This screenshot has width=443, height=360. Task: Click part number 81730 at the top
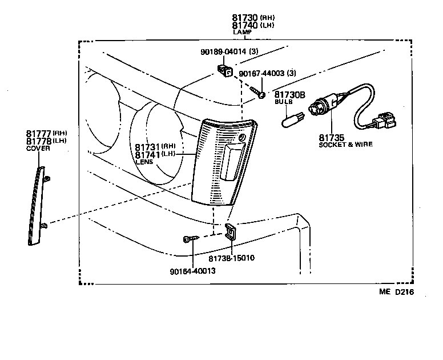point(245,17)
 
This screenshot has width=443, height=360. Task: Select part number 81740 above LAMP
point(245,25)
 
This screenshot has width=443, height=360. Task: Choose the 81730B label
point(290,94)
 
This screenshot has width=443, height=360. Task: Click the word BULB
point(283,102)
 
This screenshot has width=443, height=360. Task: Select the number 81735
point(331,137)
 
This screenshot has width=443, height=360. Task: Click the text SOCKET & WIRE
point(346,145)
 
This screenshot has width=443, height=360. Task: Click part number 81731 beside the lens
point(148,147)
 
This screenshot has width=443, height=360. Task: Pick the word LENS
point(143,162)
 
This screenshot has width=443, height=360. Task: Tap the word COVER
point(38,148)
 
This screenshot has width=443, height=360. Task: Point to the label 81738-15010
point(232,258)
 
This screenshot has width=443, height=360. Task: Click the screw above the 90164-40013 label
point(188,239)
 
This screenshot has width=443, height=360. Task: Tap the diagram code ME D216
point(396,292)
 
